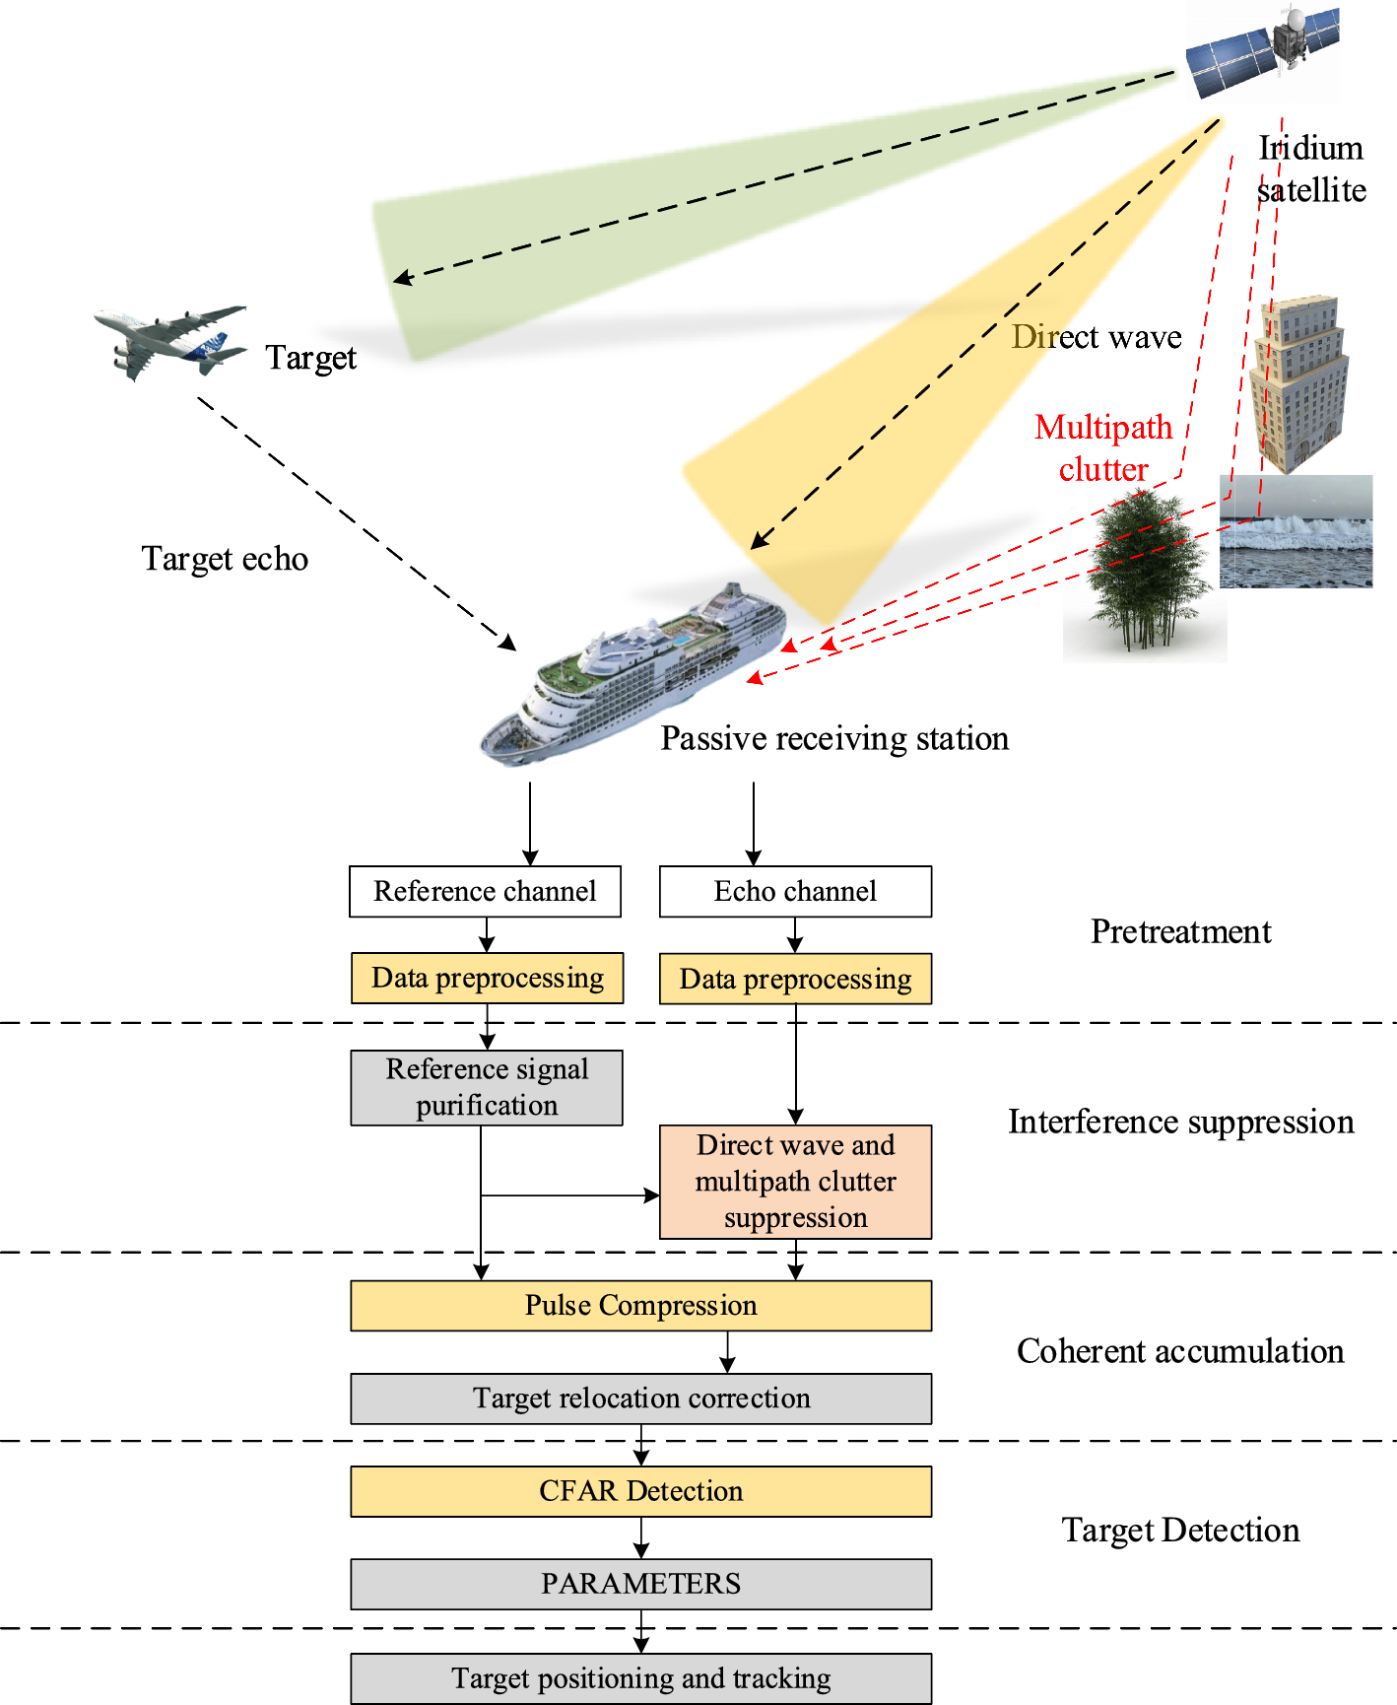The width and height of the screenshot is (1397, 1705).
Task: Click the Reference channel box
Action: (485, 892)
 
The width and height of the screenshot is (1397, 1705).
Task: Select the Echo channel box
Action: (795, 892)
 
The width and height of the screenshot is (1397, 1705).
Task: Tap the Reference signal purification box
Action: (487, 1087)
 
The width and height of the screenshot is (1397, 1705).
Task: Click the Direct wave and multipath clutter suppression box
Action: (795, 1182)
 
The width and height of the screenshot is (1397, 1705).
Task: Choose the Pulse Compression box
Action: (640, 1306)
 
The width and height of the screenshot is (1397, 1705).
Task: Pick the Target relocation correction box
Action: (640, 1398)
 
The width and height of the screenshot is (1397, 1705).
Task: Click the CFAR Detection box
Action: (640, 1491)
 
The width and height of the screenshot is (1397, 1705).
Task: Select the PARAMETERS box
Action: (640, 1584)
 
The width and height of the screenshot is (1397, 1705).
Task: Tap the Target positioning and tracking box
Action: (640, 1678)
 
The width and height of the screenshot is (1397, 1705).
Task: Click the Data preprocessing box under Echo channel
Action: (795, 979)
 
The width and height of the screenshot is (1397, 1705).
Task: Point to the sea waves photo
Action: (1296, 532)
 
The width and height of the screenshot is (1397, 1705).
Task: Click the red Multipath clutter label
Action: (1103, 448)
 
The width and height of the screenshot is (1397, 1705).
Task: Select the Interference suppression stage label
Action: (1180, 1123)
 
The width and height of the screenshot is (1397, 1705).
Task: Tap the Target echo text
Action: (225, 559)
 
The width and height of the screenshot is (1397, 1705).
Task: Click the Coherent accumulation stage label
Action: (1180, 1351)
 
